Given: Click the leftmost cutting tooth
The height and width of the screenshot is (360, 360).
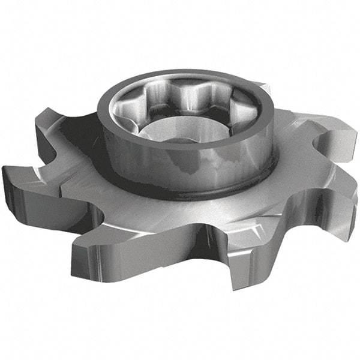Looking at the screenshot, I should pyautogui.click(x=24, y=180).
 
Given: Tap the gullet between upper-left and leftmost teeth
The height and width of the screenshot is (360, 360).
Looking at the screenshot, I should pyautogui.click(x=45, y=153).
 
